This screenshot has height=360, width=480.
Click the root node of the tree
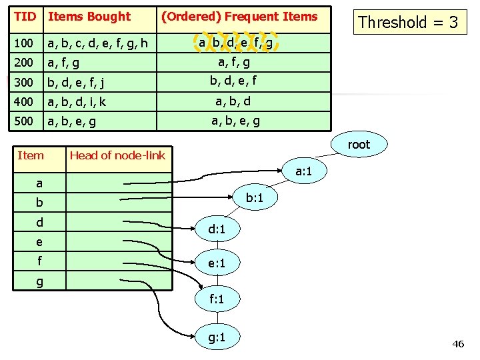(x=359, y=144)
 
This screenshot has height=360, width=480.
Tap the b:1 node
(x=254, y=198)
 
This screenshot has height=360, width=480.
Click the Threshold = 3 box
(x=408, y=22)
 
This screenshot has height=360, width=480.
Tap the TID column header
(x=24, y=17)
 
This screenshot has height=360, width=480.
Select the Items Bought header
(x=90, y=17)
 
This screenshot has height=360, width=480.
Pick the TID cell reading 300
(x=24, y=83)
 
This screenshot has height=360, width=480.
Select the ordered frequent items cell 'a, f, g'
(x=234, y=63)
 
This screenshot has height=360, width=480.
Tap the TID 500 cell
(x=24, y=122)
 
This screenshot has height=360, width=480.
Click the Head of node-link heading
(x=117, y=155)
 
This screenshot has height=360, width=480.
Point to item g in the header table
(x=39, y=282)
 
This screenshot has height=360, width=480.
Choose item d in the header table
(x=39, y=222)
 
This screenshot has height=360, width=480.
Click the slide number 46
(x=457, y=344)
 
